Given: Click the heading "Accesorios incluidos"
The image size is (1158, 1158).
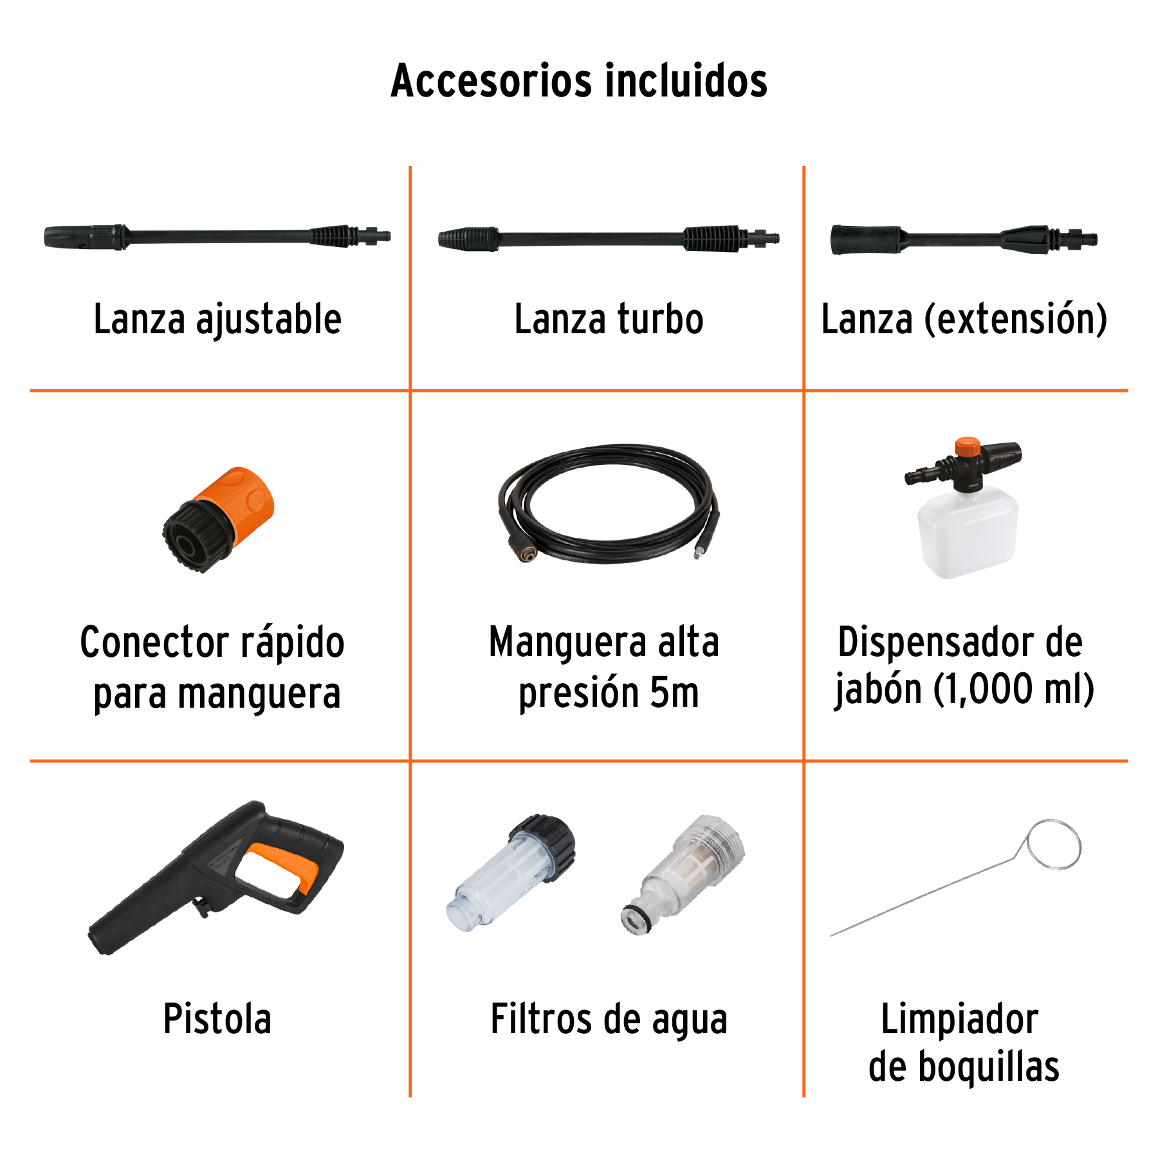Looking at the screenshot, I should (579, 81).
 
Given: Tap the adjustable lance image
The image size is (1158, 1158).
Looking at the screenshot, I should (217, 236).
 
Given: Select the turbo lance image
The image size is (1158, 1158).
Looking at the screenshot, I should (608, 239).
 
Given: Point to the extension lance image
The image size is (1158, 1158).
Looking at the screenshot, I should (963, 240).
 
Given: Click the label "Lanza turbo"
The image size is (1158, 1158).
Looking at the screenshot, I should (609, 320).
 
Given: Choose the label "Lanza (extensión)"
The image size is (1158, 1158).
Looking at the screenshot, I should (964, 320).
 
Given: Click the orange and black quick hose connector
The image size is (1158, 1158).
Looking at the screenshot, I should (219, 519).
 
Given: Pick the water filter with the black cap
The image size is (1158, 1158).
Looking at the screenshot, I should (511, 872).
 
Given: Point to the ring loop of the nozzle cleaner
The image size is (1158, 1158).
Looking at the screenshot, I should (1054, 844).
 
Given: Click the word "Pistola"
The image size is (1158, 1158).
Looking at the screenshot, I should (217, 1019).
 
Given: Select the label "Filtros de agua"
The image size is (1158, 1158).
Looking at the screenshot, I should (609, 1020).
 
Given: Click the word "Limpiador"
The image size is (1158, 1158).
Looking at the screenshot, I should (959, 1019).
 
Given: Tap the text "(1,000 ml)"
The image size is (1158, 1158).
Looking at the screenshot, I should (1013, 690).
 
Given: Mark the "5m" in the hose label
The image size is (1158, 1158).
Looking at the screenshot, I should (674, 694).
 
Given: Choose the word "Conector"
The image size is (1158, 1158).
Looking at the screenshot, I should (154, 643).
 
